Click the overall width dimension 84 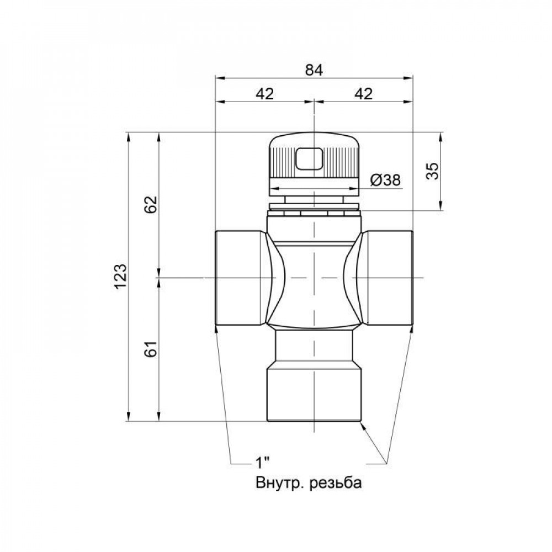[x=313, y=70]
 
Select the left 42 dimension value [x=265, y=94]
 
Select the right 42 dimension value [x=362, y=94]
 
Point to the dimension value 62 [x=152, y=204]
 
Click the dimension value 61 [x=152, y=348]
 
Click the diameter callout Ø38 [x=385, y=180]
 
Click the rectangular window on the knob [x=310, y=159]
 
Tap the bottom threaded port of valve [x=314, y=395]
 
